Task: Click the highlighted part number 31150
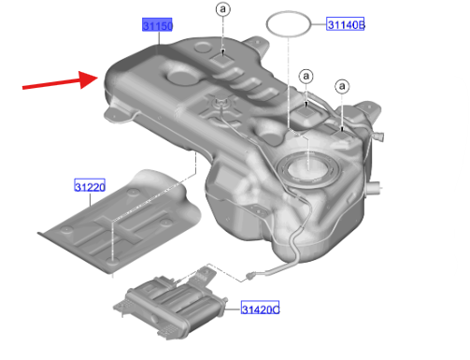coord(157,24)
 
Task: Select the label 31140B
coord(345,24)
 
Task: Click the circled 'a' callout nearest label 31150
coord(223,9)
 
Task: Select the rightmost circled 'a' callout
coord(342,86)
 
